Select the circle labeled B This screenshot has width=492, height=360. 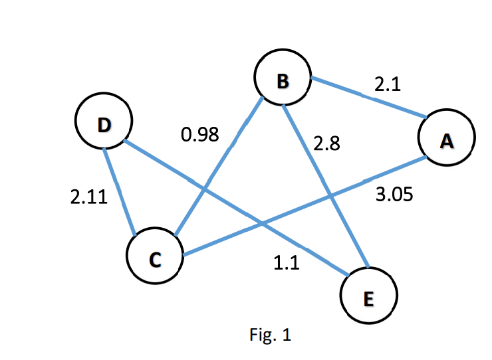(x=282, y=79)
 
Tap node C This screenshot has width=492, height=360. (x=155, y=259)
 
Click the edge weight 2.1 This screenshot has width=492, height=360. (x=388, y=84)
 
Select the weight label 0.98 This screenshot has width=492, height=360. (x=199, y=135)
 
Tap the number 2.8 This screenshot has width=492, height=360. (x=327, y=144)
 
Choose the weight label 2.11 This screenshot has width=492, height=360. (x=88, y=197)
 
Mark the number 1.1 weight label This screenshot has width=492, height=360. (x=287, y=263)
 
